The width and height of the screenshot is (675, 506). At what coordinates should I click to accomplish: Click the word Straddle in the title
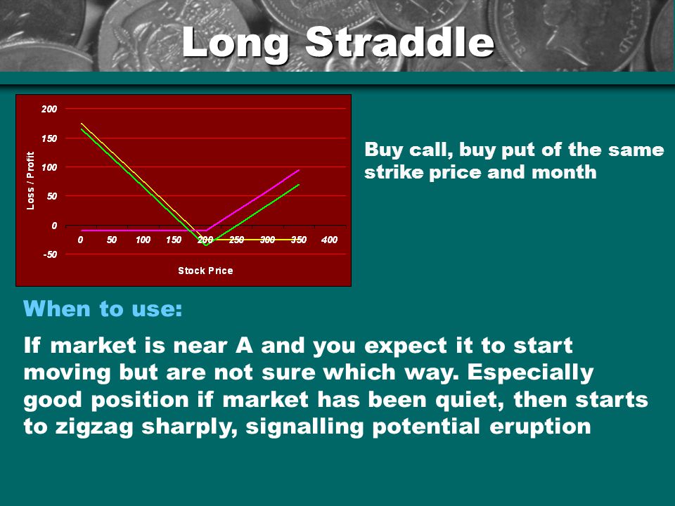(x=399, y=41)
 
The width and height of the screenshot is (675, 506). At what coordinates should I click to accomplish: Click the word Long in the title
(x=236, y=43)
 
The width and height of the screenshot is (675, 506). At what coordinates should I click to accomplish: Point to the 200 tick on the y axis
(x=49, y=109)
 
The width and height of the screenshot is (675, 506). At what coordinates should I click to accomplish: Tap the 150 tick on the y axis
(x=49, y=138)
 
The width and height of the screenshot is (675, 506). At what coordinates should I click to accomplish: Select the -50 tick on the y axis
(x=50, y=254)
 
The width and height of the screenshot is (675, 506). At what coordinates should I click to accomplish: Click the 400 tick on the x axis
(x=329, y=240)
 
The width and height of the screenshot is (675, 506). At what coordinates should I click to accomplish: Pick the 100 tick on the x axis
(x=143, y=240)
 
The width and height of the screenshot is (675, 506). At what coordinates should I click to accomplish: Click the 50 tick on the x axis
(x=112, y=240)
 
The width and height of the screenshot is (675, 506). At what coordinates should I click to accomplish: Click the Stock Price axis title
(x=205, y=271)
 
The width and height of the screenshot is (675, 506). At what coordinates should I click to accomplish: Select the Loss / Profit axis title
(x=30, y=181)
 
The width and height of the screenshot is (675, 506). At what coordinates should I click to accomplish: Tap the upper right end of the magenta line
(x=299, y=170)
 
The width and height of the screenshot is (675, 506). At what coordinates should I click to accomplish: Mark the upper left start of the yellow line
(x=82, y=124)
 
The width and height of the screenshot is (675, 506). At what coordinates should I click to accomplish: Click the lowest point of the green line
(x=206, y=245)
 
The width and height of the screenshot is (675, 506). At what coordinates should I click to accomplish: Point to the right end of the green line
(x=299, y=185)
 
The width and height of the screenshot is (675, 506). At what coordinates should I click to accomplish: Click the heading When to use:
(x=103, y=309)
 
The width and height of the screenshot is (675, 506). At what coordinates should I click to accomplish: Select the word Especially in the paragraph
(x=530, y=373)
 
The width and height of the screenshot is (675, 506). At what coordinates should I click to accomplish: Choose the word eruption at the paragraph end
(x=540, y=427)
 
